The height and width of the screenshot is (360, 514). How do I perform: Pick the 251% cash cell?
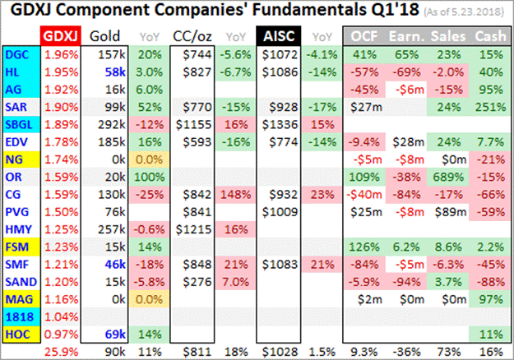tap(489, 108)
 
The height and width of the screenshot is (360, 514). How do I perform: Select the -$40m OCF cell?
tap(366, 195)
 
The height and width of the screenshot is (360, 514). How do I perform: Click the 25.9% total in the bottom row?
tap(58, 351)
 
